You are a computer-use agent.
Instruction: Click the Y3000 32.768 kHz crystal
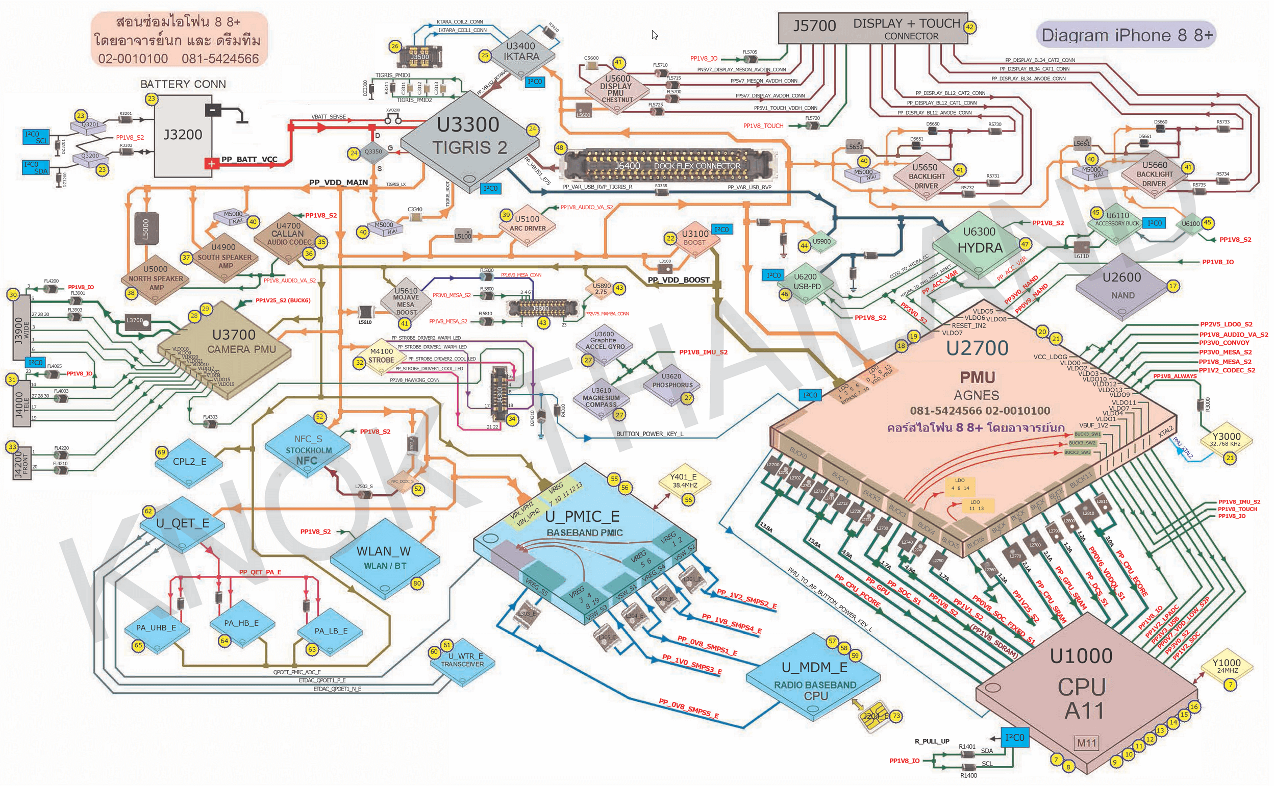(x=1226, y=440)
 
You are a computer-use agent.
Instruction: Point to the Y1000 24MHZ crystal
(x=1226, y=667)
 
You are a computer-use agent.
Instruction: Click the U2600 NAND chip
(x=1122, y=286)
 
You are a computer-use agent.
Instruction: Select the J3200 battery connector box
(x=183, y=135)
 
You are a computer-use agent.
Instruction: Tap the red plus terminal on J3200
(x=211, y=164)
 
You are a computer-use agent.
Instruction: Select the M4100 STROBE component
(x=381, y=356)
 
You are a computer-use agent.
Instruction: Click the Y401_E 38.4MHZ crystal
(x=684, y=481)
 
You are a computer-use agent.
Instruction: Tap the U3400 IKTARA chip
(x=520, y=52)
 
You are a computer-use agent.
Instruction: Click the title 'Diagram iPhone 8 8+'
(x=1127, y=35)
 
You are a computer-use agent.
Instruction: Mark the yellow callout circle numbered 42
(x=969, y=27)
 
